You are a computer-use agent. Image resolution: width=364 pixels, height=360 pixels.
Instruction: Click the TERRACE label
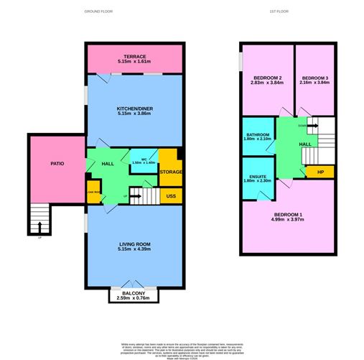click(x=134, y=56)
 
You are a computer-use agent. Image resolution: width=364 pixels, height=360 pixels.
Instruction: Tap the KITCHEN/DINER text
click(x=135, y=109)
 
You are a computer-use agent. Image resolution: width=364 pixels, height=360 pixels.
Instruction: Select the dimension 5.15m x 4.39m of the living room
click(x=135, y=249)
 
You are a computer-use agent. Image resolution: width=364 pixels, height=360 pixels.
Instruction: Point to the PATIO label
click(x=57, y=164)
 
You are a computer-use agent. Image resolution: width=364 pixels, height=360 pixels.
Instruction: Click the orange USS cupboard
click(x=171, y=195)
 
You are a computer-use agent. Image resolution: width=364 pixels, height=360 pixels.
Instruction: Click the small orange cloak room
click(x=93, y=193)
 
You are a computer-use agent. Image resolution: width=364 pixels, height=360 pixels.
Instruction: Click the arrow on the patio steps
click(x=39, y=229)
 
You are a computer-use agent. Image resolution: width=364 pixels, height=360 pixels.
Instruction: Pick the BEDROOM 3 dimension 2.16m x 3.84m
click(x=315, y=83)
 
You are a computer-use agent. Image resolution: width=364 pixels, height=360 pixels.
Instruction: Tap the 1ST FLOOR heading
click(x=279, y=12)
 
